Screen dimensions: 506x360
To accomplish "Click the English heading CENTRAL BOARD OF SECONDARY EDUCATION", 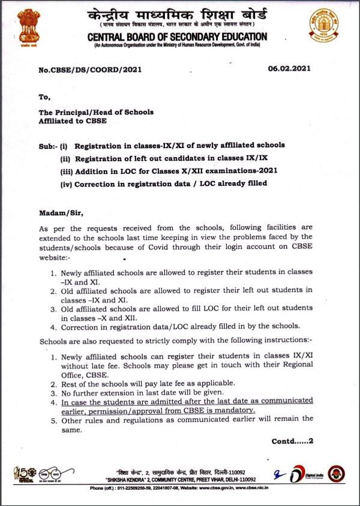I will pos(178,37).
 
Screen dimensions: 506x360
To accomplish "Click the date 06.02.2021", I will pos(290,69).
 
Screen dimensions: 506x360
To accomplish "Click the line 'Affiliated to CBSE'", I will pos(73,121).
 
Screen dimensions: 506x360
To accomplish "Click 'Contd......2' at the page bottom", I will pos(292,441).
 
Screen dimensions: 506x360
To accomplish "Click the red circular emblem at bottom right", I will pos(336,474).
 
